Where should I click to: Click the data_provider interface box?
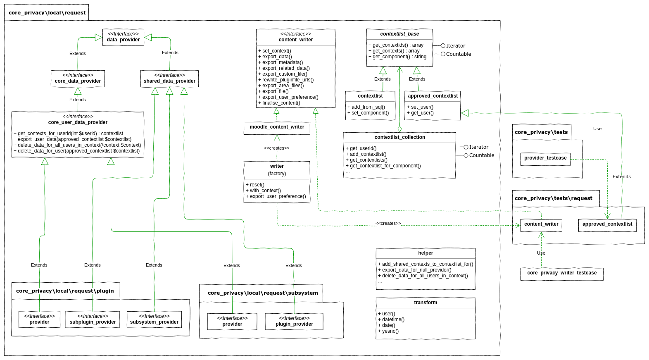tap(123, 37)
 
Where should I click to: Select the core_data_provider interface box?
tap(78, 79)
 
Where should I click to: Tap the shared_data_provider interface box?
tap(169, 79)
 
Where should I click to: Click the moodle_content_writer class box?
tap(277, 127)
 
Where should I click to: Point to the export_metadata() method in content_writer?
tap(283, 62)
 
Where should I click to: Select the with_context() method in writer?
tap(265, 191)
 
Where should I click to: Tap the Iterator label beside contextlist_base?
tap(455, 46)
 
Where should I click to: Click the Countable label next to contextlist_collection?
tap(481, 155)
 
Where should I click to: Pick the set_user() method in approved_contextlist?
tap(422, 107)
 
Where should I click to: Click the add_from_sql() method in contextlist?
tap(368, 107)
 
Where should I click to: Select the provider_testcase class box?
tap(545, 158)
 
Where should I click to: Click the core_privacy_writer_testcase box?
tap(561, 273)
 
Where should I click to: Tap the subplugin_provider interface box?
tap(93, 319)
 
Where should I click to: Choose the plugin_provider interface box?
tap(294, 322)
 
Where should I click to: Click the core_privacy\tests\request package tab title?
tap(553, 198)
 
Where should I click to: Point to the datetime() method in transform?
tap(393, 319)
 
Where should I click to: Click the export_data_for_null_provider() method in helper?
tap(416, 270)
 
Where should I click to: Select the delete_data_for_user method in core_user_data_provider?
tap(78, 151)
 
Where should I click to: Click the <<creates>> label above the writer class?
tap(276, 148)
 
